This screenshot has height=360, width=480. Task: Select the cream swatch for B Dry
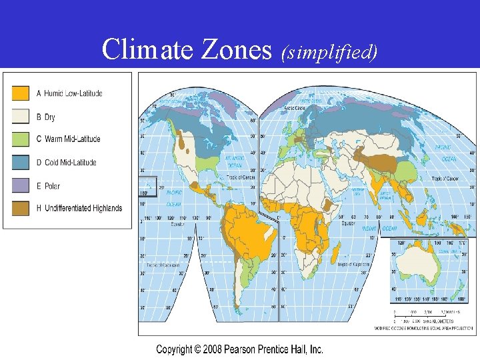tap(21, 117)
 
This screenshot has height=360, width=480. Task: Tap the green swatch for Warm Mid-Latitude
tap(21, 139)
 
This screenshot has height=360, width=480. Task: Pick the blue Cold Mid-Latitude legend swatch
tap(21, 162)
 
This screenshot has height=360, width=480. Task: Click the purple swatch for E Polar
tap(21, 185)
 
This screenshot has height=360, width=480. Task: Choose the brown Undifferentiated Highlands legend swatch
tap(21, 208)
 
